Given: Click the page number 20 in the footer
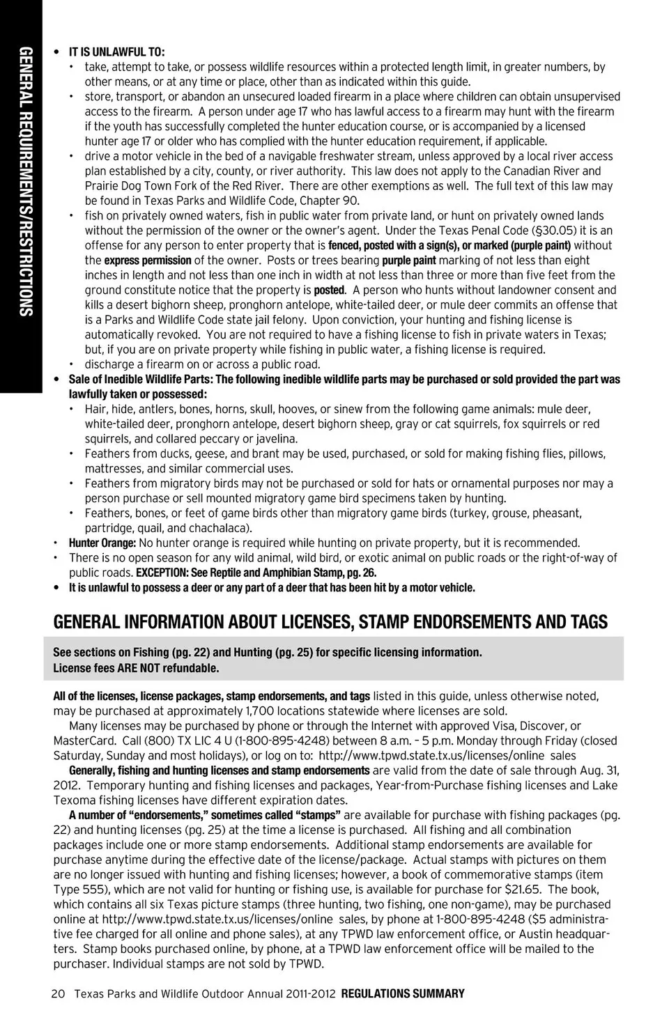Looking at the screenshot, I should [x=58, y=994].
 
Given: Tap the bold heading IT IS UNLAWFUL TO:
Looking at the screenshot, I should [x=116, y=52].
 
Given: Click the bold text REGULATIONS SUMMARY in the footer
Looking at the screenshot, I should [x=403, y=994].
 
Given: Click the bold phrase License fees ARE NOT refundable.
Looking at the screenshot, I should [x=136, y=668].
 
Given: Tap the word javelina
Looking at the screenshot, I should [x=274, y=439].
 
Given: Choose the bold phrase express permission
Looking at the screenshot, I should [x=148, y=261].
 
